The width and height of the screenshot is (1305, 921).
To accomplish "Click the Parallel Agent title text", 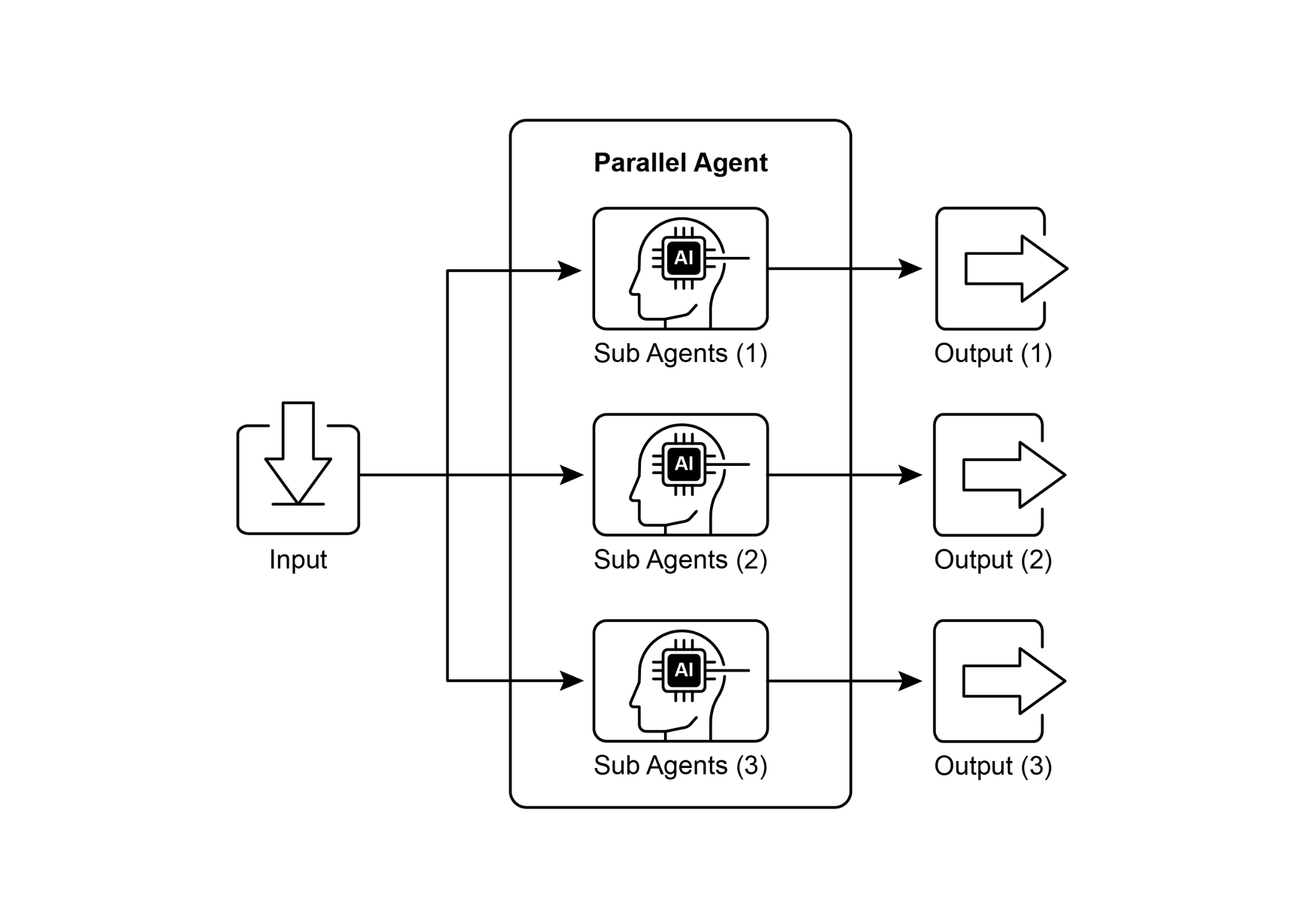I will point(680,163).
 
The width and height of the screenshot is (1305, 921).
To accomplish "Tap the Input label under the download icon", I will point(298,560).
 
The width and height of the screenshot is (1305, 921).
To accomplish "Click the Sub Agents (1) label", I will point(680,354).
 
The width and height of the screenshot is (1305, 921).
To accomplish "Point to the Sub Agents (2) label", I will point(680,560).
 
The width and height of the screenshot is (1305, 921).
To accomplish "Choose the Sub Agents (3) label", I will point(680,765).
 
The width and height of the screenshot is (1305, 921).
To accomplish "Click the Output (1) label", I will point(992,354).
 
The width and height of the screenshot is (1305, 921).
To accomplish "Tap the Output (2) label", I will point(992,560).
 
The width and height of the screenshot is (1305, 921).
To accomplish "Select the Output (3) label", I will point(992,765).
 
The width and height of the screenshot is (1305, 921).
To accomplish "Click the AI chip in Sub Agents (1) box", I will point(683,258).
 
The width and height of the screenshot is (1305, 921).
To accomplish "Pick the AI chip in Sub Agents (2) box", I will point(683,464).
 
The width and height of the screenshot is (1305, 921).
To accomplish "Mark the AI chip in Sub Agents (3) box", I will point(683,670).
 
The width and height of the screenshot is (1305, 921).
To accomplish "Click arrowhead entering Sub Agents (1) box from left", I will point(570,270).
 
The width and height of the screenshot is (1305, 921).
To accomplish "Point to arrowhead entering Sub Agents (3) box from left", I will point(572,681).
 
